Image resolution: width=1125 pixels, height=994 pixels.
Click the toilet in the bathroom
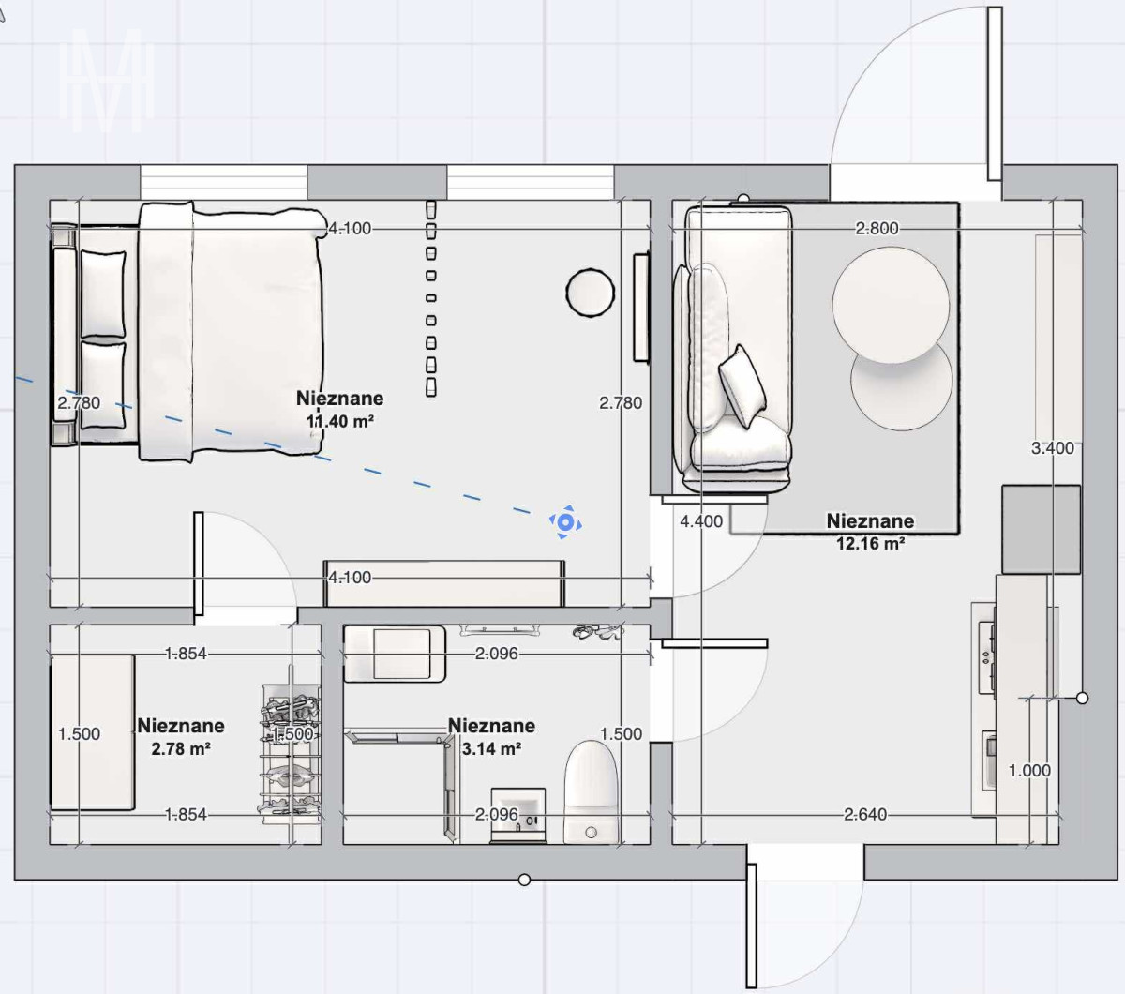point(591,791)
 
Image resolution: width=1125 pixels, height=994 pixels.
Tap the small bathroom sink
point(518,815)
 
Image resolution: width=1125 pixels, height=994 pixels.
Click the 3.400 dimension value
point(1052,448)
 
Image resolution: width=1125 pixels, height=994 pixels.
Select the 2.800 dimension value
point(877,229)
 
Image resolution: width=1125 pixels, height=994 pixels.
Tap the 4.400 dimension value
point(701,521)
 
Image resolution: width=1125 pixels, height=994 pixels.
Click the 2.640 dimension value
point(865,815)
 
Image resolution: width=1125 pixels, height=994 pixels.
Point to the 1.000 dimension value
point(1029,771)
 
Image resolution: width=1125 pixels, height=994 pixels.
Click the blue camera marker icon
point(565,522)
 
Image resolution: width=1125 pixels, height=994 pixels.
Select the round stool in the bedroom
point(591,293)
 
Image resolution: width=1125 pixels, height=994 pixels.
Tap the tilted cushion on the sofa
point(742,385)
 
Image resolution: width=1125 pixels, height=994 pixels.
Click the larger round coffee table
point(891,305)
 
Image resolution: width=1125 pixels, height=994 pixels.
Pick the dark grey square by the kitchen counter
point(1042,530)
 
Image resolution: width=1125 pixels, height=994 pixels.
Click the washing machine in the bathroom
point(395,654)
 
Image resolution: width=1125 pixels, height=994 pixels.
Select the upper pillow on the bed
point(103,294)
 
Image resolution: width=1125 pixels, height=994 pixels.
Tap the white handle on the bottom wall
point(524,880)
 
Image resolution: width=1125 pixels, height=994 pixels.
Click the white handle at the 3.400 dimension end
point(1082,699)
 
